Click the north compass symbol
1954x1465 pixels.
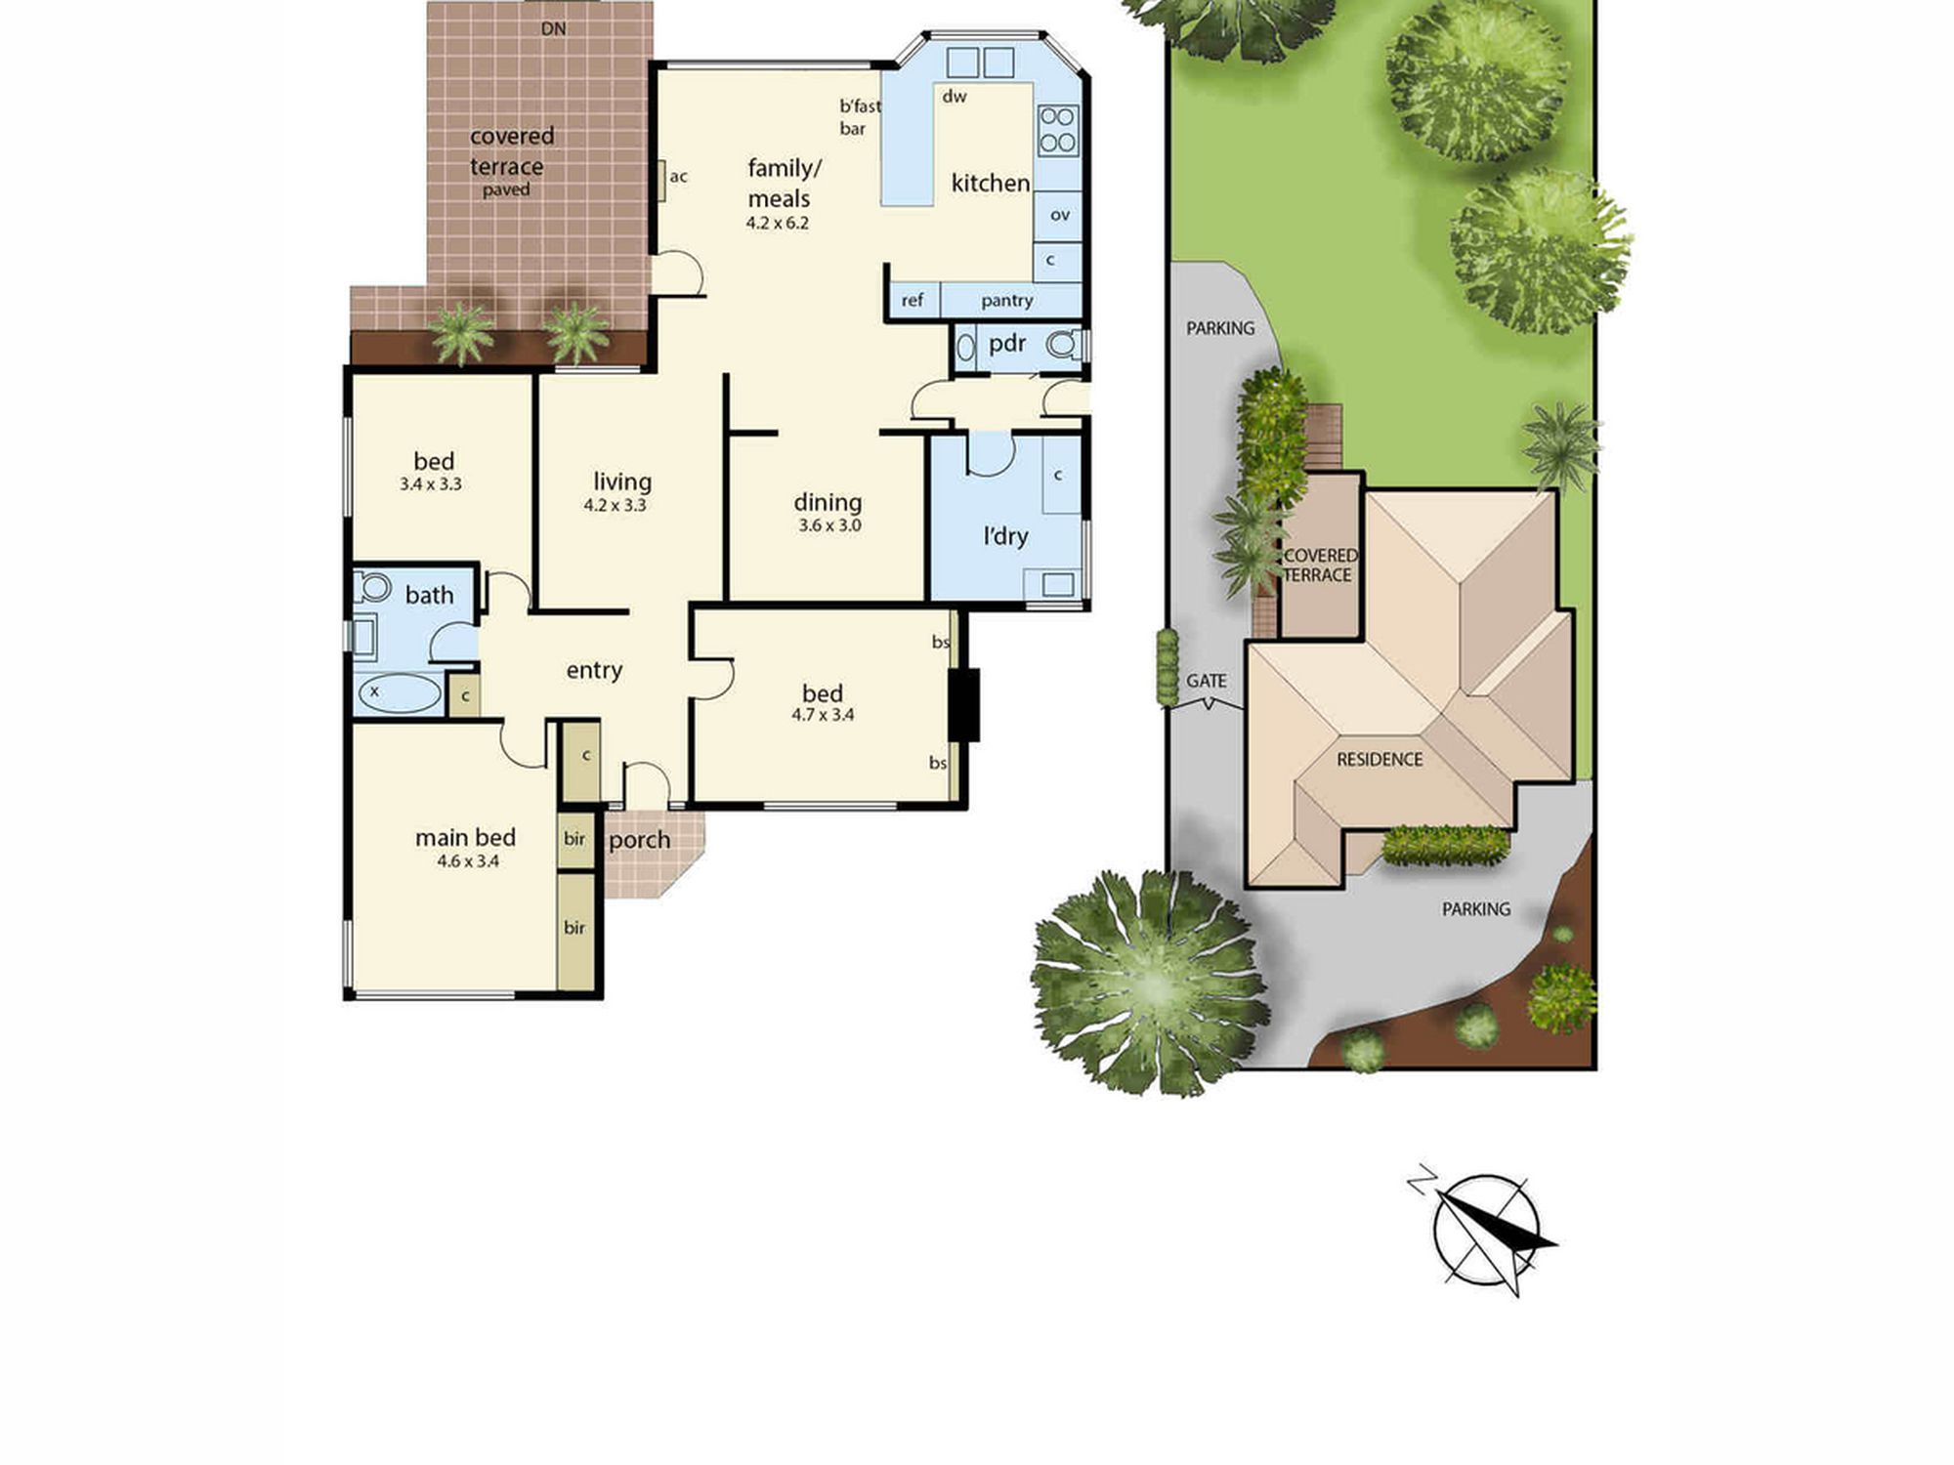1484,1231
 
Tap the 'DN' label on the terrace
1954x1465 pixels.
554,29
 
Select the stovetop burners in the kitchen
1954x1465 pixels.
1057,130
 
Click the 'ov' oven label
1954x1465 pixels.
1060,215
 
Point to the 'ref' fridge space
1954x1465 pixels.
913,300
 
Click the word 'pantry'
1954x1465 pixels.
1007,301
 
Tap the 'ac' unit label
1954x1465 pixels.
679,177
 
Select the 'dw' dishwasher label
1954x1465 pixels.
955,96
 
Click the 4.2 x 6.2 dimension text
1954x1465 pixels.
778,223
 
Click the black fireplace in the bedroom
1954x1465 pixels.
965,704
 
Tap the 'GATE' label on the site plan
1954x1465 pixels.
1207,681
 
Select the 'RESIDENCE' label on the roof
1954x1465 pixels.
1380,759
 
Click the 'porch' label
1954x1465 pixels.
640,841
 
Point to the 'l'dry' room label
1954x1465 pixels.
1005,536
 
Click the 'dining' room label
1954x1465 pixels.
828,503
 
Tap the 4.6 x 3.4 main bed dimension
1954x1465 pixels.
468,861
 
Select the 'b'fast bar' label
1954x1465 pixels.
860,117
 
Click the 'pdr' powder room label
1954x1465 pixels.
1007,345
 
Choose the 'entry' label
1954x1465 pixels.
594,671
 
